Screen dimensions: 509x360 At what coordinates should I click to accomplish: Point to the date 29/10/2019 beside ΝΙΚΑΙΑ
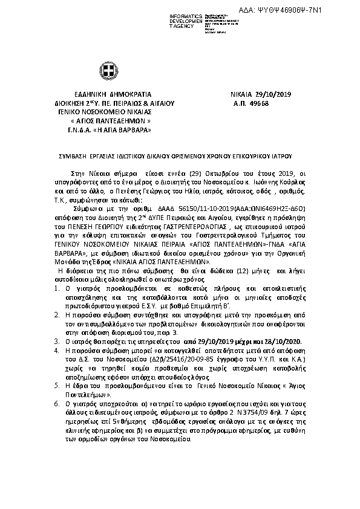coord(275,96)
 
